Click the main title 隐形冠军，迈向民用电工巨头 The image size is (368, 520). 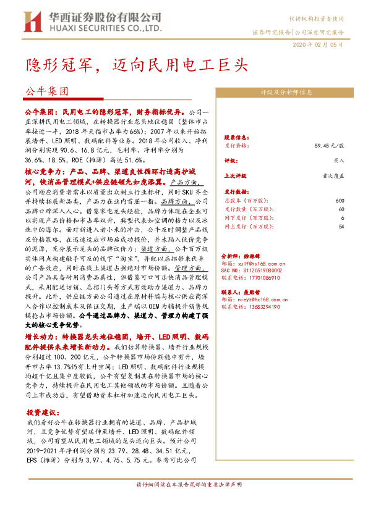tap(136, 64)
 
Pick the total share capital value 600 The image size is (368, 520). tap(340, 201)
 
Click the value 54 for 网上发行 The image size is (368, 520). tap(341, 227)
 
